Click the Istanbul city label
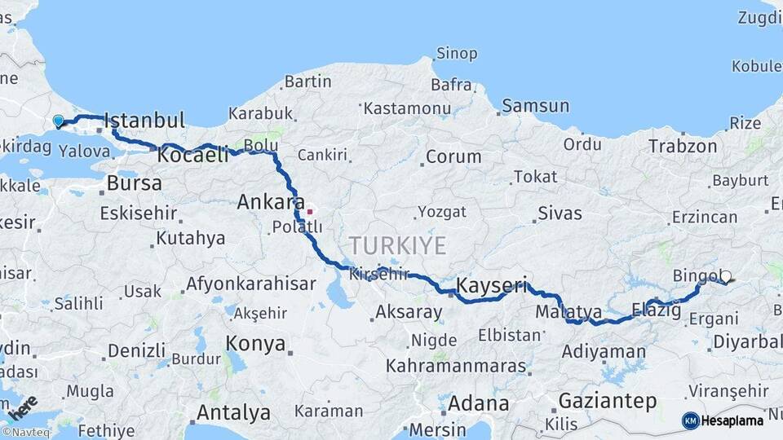(x=144, y=121)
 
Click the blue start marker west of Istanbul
(x=58, y=121)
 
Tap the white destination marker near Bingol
(x=725, y=277)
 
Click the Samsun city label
(x=535, y=105)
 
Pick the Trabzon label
(x=683, y=147)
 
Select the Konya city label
(x=254, y=342)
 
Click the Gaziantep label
(x=608, y=401)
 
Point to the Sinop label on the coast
(x=457, y=54)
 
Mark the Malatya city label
(x=568, y=312)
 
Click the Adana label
(x=478, y=403)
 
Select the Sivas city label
(x=560, y=213)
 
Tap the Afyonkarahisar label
(x=250, y=284)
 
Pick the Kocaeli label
(x=193, y=155)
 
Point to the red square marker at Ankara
(x=309, y=211)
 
